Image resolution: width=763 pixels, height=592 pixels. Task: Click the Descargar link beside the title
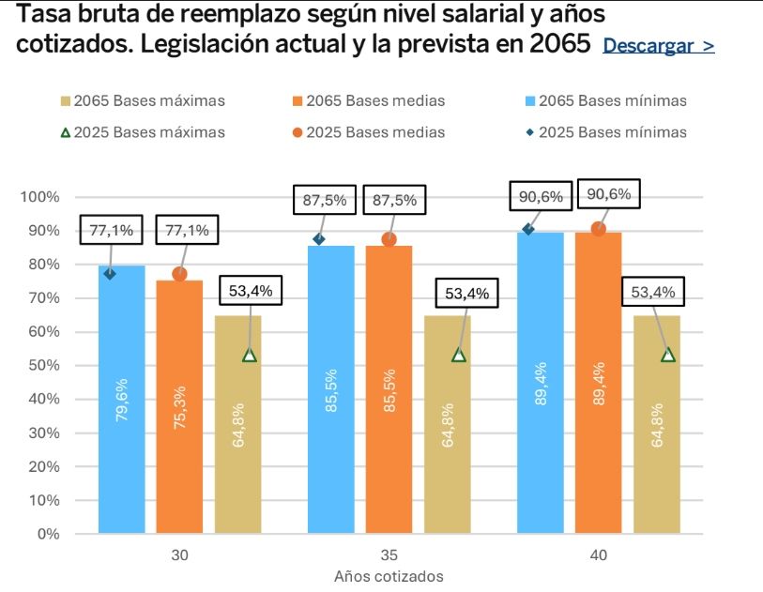tap(658, 46)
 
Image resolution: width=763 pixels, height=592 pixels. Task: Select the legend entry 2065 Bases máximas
tap(142, 100)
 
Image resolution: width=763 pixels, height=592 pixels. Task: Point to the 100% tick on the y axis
tap(40, 197)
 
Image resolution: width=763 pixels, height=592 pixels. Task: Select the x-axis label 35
tap(389, 554)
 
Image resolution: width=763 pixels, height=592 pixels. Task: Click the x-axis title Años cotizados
tap(389, 576)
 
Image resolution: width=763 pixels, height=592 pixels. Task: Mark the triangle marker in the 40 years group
tap(668, 355)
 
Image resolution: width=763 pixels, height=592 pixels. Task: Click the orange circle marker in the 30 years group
tap(179, 274)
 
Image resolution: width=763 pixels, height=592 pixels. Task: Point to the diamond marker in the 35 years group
tap(319, 239)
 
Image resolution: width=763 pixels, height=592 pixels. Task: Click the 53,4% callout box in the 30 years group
tap(251, 292)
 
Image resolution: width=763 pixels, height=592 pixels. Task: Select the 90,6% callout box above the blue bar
tap(541, 197)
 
